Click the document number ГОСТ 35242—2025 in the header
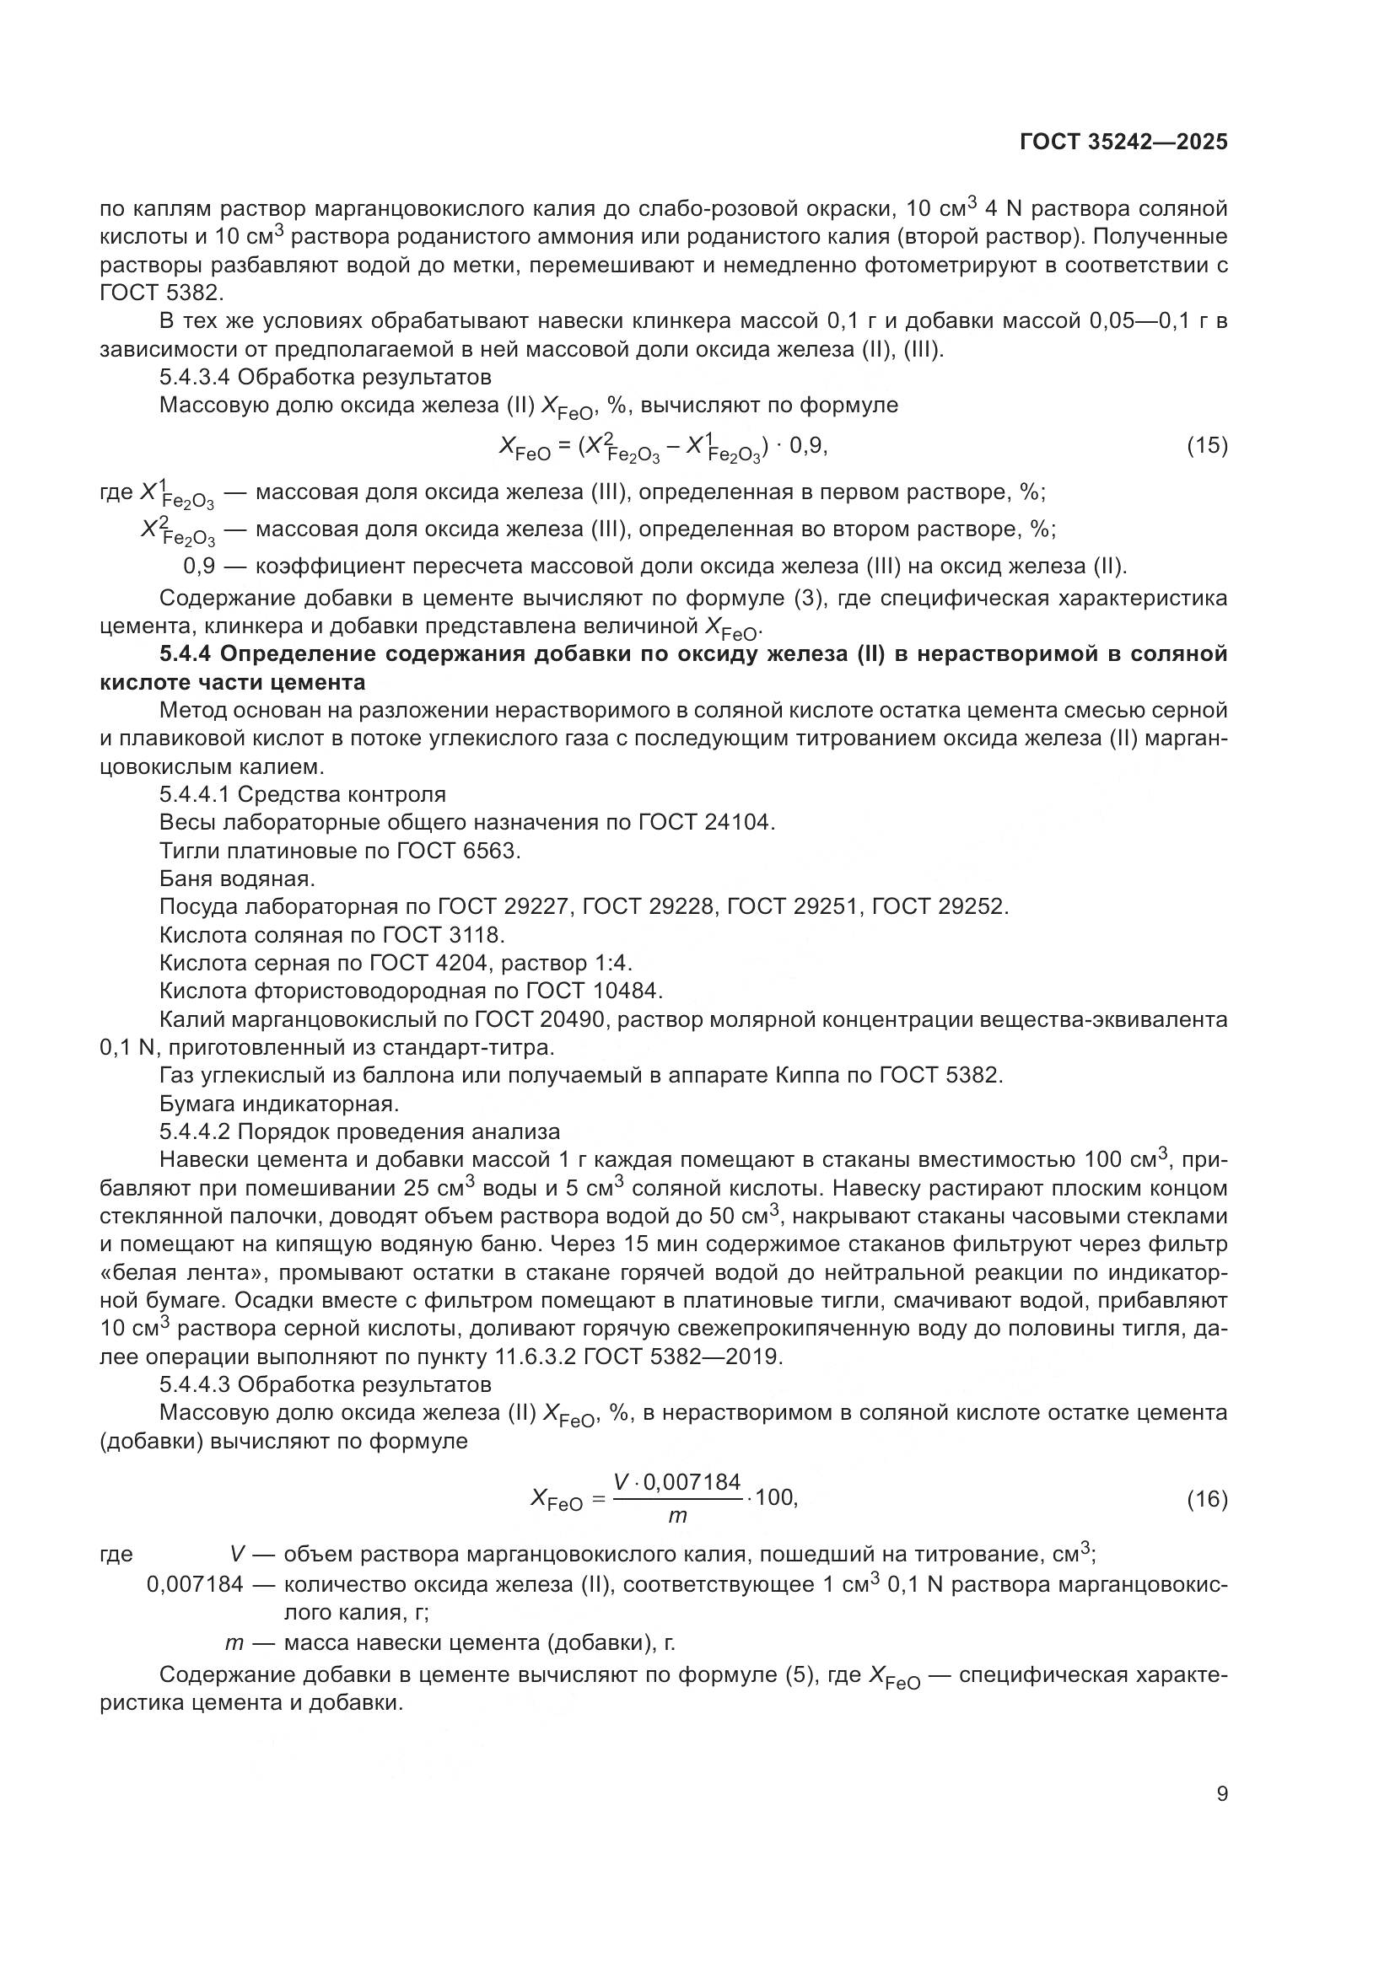coord(1123,142)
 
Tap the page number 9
coord(1221,1794)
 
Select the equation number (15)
coord(1207,446)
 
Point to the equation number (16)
coord(1207,1499)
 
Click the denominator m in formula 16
coord(677,1517)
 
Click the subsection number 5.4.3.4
coord(194,377)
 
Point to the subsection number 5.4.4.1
coord(194,794)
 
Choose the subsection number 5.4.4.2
coord(194,1132)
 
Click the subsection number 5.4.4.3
coord(194,1384)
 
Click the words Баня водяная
coord(237,879)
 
